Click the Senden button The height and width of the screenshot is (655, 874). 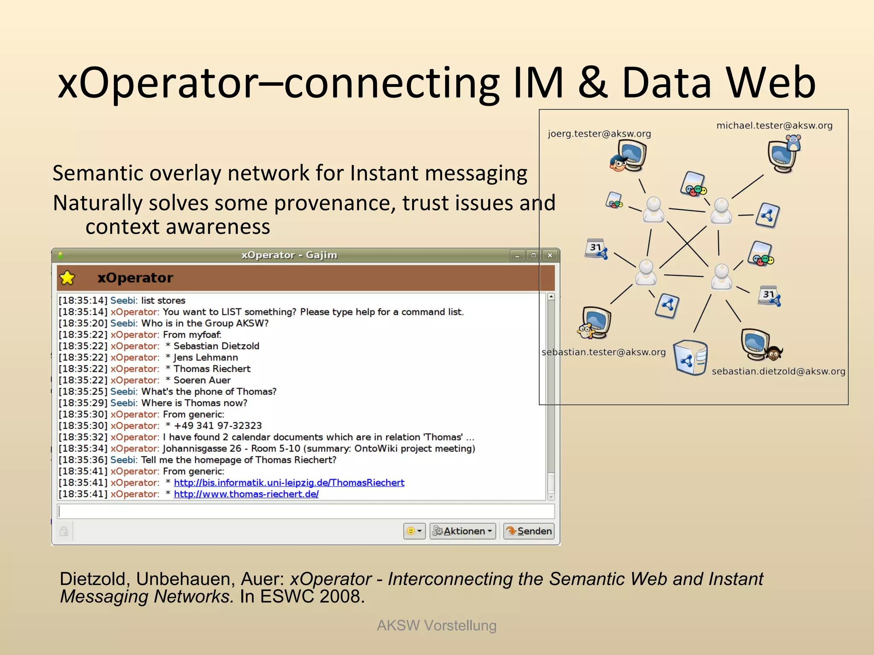pos(529,531)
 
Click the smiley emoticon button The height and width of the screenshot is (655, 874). pos(414,531)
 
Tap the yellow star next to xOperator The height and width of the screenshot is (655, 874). pos(67,278)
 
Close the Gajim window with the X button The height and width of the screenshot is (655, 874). pos(550,255)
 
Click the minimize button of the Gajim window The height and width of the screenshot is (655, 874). pos(517,255)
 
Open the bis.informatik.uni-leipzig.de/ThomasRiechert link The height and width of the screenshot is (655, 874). pos(289,483)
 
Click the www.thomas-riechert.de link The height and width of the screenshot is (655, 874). pos(246,494)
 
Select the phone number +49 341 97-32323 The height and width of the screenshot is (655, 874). pos(218,426)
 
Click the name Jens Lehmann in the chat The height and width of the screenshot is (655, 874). pos(206,357)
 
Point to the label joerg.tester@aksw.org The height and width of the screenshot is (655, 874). pos(599,134)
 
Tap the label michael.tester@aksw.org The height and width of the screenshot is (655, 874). pos(774,125)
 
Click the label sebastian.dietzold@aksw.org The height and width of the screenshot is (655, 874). pos(778,371)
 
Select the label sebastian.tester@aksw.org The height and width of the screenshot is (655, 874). pos(603,352)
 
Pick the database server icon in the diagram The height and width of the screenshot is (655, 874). pos(690,357)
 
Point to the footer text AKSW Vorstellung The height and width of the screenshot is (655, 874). pos(437,626)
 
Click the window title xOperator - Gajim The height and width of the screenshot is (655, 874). pos(289,255)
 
